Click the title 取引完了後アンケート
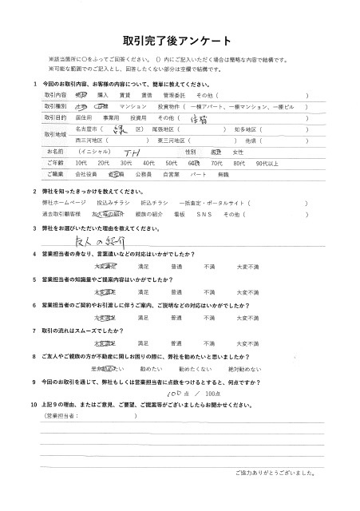[179, 41]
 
